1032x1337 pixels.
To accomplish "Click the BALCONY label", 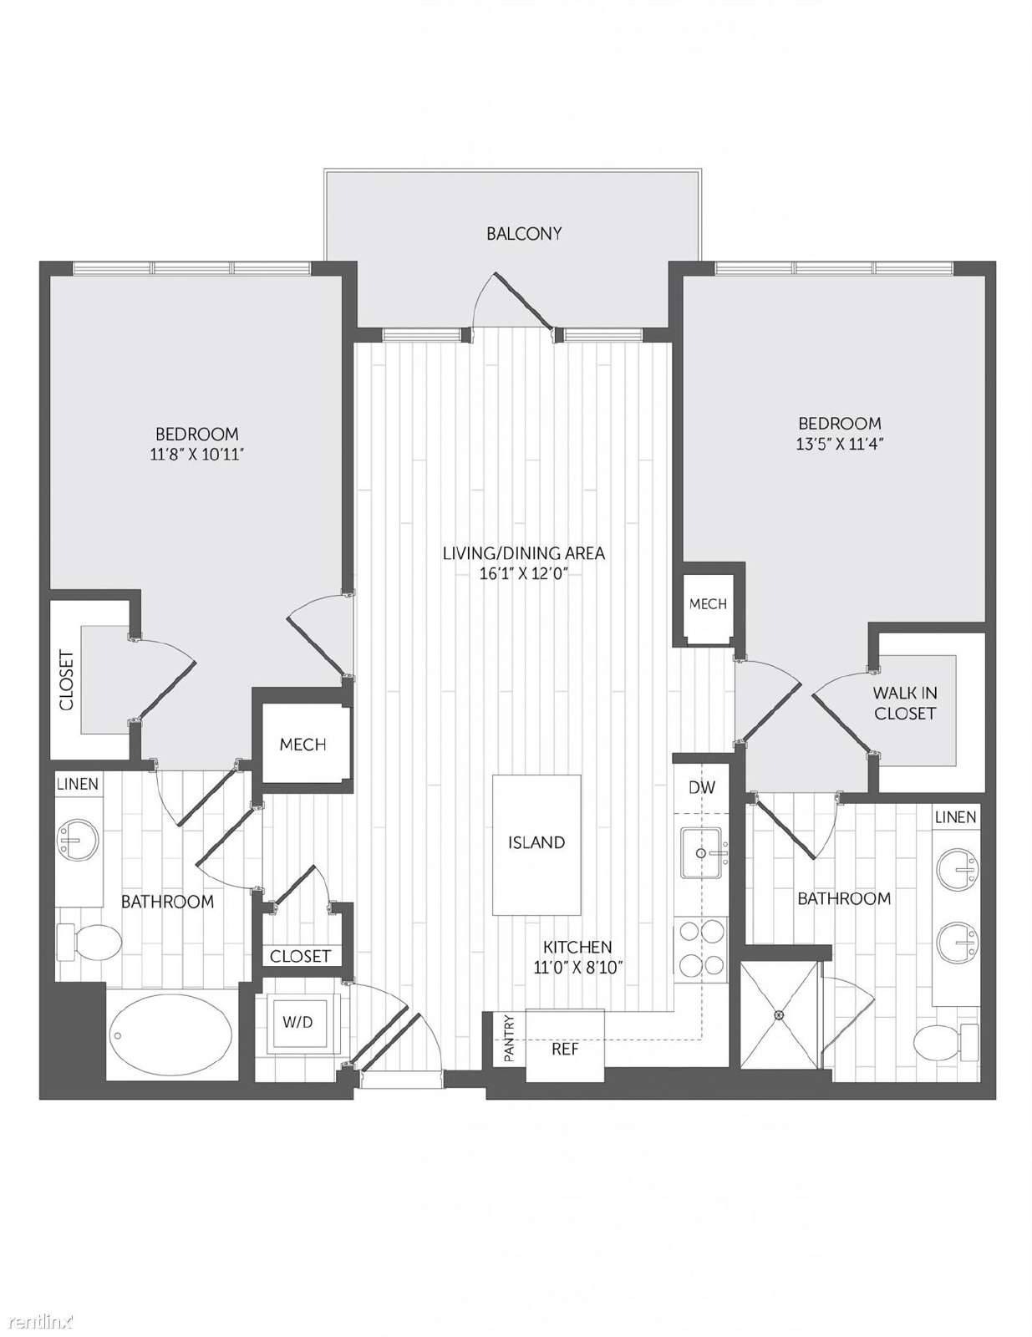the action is click(x=523, y=234).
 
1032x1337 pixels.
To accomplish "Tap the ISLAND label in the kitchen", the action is click(x=536, y=842).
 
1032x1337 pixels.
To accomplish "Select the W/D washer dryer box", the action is click(x=297, y=1021).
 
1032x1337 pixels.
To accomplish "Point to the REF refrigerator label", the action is click(x=564, y=1049).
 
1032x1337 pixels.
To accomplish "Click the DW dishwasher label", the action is click(x=702, y=786).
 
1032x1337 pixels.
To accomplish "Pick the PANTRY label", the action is click(x=509, y=1039).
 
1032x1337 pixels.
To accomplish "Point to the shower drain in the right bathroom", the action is click(x=780, y=1014).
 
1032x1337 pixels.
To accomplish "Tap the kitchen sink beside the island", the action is click(x=702, y=852).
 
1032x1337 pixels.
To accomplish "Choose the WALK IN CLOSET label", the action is click(x=904, y=704).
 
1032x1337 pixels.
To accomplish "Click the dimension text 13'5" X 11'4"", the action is click(x=840, y=444).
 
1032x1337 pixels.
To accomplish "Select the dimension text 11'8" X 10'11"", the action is click(x=196, y=454).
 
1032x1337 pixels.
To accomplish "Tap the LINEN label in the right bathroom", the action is click(x=955, y=816).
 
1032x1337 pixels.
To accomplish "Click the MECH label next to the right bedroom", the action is click(x=707, y=604).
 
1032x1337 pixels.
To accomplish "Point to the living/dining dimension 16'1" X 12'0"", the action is click(x=523, y=573).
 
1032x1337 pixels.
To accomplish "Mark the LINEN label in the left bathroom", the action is click(x=78, y=784).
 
